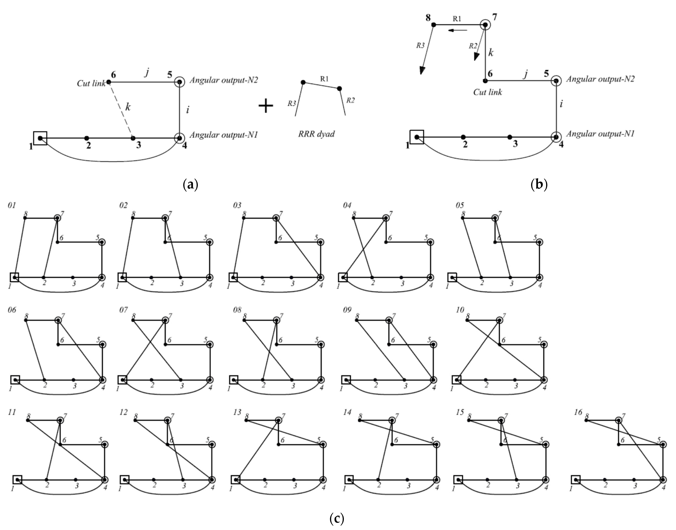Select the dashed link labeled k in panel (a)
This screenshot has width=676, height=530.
pos(121,110)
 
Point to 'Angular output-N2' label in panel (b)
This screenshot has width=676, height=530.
pos(600,79)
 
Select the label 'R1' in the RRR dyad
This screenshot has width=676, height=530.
pos(324,79)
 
